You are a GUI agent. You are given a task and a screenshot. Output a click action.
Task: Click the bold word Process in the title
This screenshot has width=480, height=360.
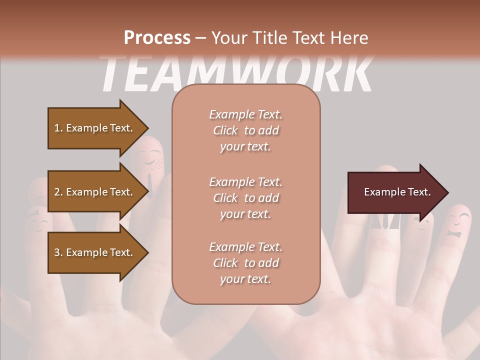pos(156,37)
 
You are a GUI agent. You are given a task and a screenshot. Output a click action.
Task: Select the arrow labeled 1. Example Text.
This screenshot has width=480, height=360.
pos(95,128)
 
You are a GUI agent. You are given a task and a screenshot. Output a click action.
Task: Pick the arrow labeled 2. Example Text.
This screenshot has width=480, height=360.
pos(95,192)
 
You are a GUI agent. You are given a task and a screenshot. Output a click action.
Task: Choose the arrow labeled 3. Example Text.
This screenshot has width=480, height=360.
pos(95,252)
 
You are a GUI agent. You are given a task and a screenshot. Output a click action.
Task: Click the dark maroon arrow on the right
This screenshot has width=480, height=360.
pos(395,192)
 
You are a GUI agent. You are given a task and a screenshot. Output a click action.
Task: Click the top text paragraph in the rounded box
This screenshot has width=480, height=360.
pos(245,130)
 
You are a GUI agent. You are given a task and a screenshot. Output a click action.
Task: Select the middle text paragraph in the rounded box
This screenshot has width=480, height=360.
pos(245,197)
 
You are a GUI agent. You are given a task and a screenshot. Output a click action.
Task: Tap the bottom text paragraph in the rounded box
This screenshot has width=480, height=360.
pos(245,263)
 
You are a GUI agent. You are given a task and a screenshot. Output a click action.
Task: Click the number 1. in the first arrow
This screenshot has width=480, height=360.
pos(58,128)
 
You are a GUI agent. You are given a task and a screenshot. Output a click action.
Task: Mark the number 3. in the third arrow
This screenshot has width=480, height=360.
pos(58,252)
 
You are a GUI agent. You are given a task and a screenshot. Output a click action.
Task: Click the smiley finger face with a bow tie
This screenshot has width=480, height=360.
pos(458,225)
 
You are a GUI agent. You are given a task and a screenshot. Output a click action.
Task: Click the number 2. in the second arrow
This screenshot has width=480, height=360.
pos(58,192)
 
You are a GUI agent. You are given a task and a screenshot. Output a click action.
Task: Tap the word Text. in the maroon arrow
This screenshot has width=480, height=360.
pos(418,192)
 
